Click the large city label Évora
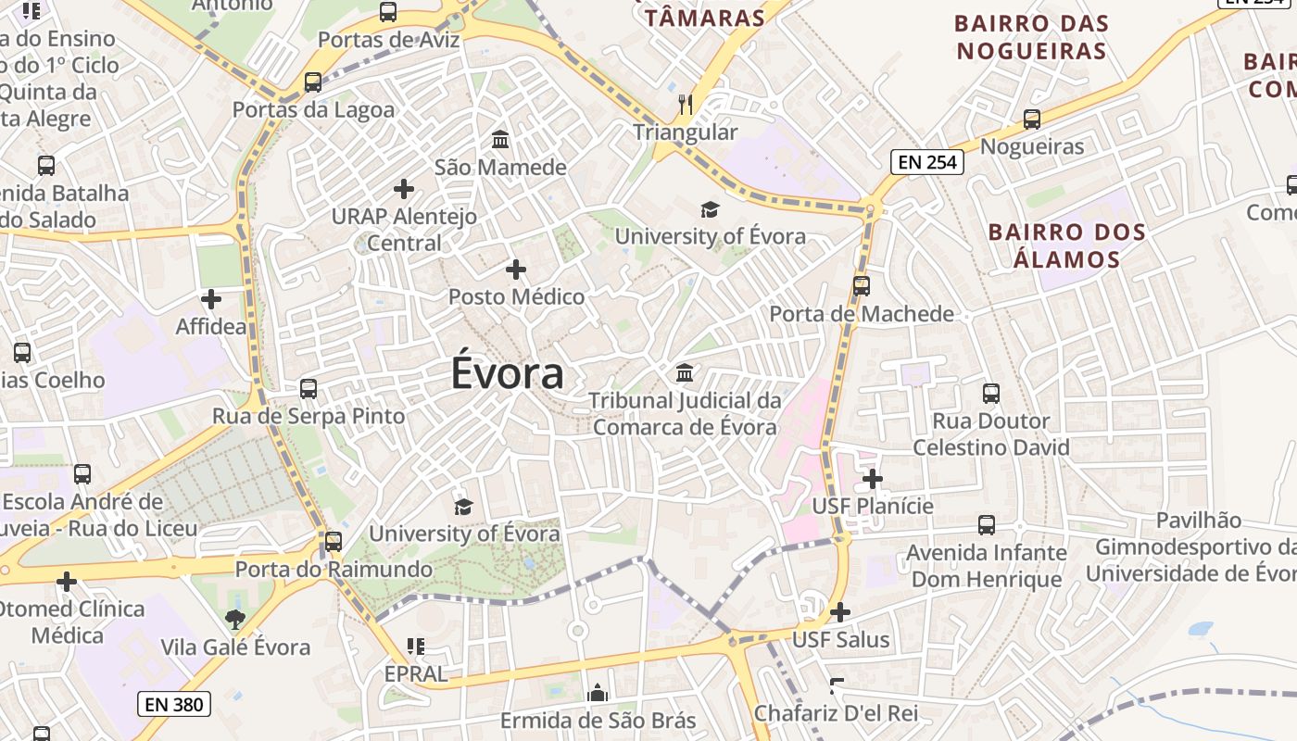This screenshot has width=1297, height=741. click(x=508, y=373)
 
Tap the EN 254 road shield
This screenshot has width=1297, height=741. click(x=927, y=162)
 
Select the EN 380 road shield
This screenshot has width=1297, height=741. click(x=174, y=704)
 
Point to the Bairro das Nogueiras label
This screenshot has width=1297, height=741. click(x=1031, y=36)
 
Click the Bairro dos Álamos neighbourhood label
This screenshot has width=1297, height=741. click(x=1066, y=245)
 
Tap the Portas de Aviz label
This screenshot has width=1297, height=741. click(x=388, y=40)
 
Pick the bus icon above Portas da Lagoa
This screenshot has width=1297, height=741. click(x=313, y=82)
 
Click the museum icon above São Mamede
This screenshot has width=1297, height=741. click(x=500, y=140)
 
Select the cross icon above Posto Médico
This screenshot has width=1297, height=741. click(x=516, y=270)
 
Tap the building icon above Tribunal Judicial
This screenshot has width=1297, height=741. click(x=685, y=372)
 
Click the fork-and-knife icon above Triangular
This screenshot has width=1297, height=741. click(x=686, y=104)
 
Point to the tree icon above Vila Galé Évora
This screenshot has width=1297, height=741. click(x=235, y=619)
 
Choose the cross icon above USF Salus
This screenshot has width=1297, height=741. click(x=840, y=612)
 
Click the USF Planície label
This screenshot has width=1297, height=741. click(x=873, y=506)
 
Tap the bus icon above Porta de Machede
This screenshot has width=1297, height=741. click(x=862, y=285)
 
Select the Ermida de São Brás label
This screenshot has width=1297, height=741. click(x=598, y=721)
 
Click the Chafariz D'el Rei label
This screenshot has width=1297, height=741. click(x=836, y=713)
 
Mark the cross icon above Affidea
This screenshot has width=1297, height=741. click(x=211, y=299)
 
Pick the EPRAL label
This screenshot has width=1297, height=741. click(x=416, y=673)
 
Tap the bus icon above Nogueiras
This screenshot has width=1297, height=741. click(x=1032, y=119)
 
